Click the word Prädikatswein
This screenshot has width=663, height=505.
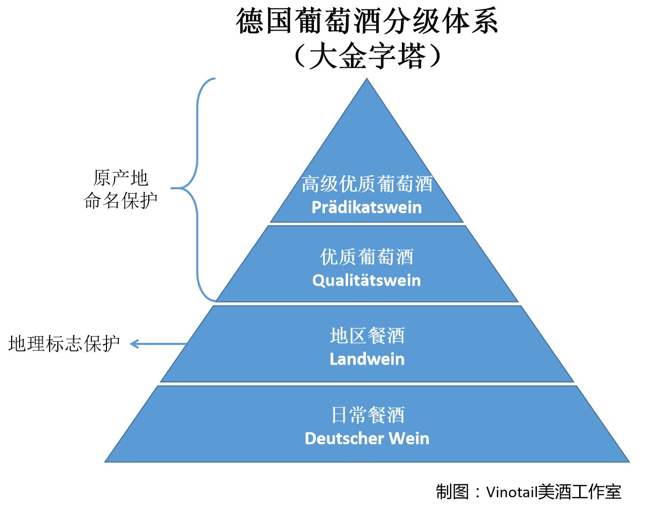pyautogui.click(x=367, y=207)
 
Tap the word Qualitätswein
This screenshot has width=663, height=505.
pyautogui.click(x=367, y=280)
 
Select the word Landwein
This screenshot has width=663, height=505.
pyautogui.click(x=367, y=359)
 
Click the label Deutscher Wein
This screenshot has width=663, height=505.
pyautogui.click(x=367, y=438)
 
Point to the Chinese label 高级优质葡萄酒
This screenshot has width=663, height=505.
pyautogui.click(x=367, y=184)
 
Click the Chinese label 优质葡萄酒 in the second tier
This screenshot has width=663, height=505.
pyautogui.click(x=367, y=257)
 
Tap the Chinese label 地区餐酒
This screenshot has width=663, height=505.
pyautogui.click(x=367, y=335)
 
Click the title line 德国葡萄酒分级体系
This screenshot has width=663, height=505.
pyautogui.click(x=367, y=21)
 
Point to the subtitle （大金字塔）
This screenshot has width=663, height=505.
pyautogui.click(x=367, y=55)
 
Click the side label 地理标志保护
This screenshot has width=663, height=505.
pyautogui.click(x=64, y=344)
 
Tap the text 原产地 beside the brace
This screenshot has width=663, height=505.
pyautogui.click(x=121, y=178)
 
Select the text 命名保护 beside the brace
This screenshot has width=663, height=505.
pyautogui.click(x=121, y=200)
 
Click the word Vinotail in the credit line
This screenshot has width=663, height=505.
pyautogui.click(x=511, y=491)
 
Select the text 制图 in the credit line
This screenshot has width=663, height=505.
pyautogui.click(x=452, y=491)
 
